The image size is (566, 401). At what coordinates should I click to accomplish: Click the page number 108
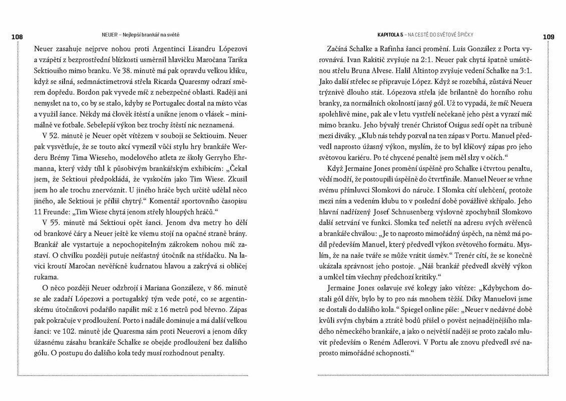[x=17, y=37]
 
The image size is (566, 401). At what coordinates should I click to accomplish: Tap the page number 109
[x=548, y=37]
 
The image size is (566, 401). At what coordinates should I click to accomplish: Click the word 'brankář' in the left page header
[x=153, y=35]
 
